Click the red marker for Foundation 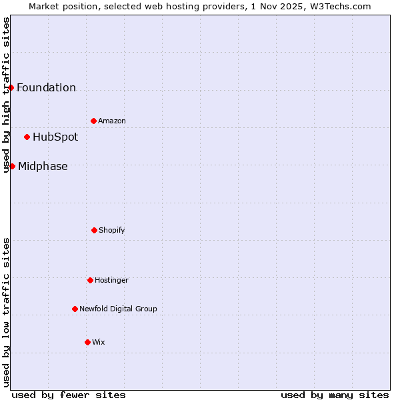click(x=11, y=87)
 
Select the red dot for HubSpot click(x=27, y=137)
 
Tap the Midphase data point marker click(x=12, y=166)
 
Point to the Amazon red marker click(x=93, y=121)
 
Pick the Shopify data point click(x=94, y=230)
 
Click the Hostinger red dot click(x=90, y=280)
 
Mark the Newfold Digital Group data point click(x=75, y=309)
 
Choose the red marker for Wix click(x=87, y=342)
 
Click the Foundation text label click(x=46, y=87)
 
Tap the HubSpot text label click(x=55, y=137)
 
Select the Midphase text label click(x=43, y=167)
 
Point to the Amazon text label click(x=112, y=121)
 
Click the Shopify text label click(x=112, y=230)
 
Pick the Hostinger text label click(x=111, y=280)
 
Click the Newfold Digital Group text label click(x=118, y=309)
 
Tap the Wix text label click(x=99, y=342)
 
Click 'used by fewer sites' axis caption click(x=69, y=395)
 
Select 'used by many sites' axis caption click(x=335, y=395)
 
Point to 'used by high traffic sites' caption click(x=7, y=95)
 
